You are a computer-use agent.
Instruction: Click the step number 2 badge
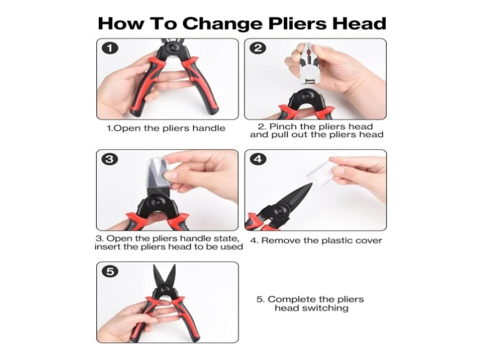pos(258,48)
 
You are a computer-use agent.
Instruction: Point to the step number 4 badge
pos(258,159)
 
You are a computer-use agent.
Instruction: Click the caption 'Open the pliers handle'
pos(169,128)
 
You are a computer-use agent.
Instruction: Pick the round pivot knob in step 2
pos(307,96)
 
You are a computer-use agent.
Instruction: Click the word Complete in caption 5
pos(292,299)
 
